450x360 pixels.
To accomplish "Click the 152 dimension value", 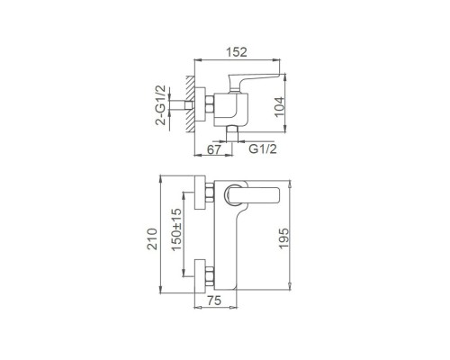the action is (237, 52).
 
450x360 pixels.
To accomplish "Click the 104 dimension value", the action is (279, 107).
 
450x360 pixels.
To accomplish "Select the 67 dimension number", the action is (214, 149).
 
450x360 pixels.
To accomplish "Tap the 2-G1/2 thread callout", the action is (160, 104).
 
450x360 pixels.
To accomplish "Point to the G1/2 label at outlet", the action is (263, 148).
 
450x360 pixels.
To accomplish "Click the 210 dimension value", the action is (152, 238).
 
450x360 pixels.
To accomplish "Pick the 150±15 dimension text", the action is (176, 229).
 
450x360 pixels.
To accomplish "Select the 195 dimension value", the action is (283, 238).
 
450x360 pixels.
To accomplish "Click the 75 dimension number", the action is (214, 301).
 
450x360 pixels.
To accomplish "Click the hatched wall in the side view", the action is (190, 104).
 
